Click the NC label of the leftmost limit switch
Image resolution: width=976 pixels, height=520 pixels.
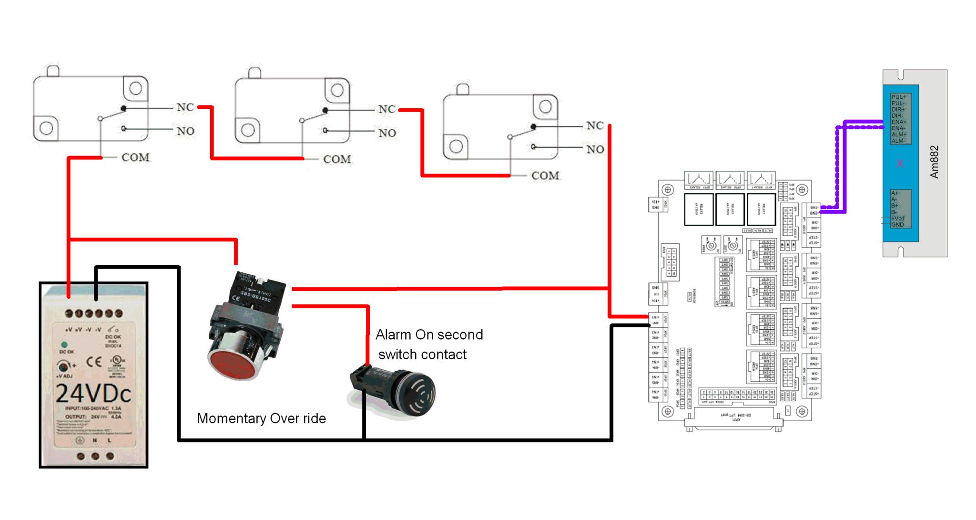[185, 107]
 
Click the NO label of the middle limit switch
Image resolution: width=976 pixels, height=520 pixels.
[387, 133]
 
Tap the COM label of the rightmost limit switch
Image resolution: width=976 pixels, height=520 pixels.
[545, 176]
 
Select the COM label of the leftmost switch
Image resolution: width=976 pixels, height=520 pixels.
[135, 157]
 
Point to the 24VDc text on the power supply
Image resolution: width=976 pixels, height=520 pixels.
[93, 394]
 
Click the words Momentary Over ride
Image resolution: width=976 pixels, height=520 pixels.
[261, 418]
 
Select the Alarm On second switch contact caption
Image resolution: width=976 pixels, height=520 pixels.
[428, 344]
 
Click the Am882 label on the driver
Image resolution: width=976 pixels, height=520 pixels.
[934, 162]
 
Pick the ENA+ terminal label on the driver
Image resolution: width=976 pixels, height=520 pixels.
[899, 122]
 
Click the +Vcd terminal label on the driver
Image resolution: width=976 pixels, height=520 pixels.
[898, 218]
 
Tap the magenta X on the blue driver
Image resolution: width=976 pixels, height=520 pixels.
[900, 164]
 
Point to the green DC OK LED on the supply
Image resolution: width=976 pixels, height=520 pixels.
[64, 344]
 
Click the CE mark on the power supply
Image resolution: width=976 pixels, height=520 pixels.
[94, 362]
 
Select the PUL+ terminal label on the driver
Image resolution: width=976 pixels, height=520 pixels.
[899, 97]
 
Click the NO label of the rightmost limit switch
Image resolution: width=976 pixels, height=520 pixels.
[595, 149]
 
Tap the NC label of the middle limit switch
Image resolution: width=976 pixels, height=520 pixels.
[387, 109]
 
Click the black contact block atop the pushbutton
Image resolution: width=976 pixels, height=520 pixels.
[258, 291]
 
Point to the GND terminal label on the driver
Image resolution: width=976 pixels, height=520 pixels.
[897, 225]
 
